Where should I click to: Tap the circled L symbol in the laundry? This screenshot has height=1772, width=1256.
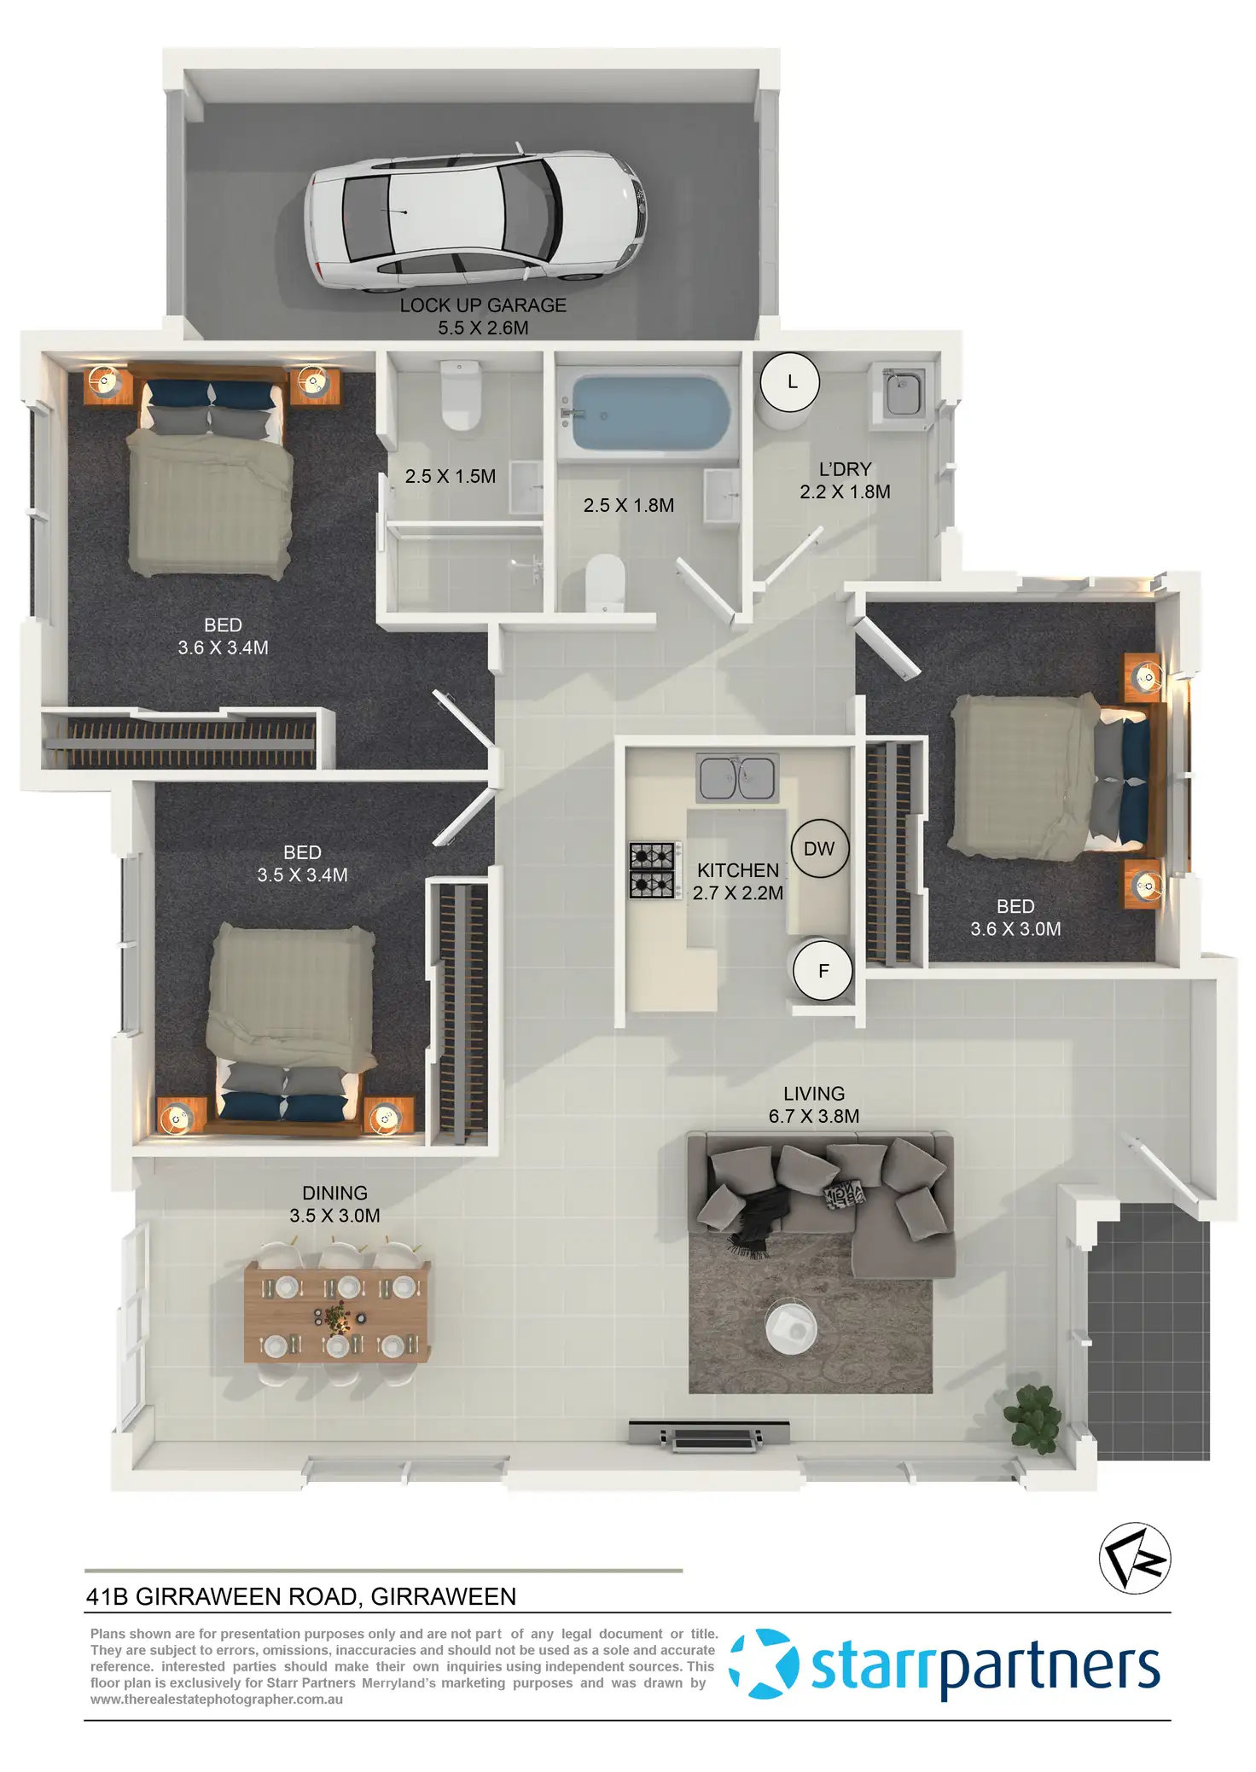[790, 382]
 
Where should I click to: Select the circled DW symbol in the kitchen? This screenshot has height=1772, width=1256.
[819, 849]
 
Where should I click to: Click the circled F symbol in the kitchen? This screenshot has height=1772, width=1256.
[823, 971]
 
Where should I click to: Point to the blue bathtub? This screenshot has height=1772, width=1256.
[651, 413]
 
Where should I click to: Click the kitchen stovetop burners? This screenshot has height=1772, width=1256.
[654, 870]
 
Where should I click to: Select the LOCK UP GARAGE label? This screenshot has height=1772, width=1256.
[483, 305]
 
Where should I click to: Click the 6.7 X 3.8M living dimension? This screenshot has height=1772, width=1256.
[814, 1116]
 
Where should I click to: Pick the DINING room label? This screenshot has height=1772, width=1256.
[334, 1193]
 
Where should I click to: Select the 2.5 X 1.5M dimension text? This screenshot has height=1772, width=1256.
[451, 477]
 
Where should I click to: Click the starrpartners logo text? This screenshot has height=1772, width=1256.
[985, 1667]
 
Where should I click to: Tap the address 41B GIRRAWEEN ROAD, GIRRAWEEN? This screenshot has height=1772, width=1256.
[301, 1597]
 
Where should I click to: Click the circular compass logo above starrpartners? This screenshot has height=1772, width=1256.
[1135, 1558]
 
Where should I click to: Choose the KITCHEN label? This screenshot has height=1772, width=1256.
[738, 870]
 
